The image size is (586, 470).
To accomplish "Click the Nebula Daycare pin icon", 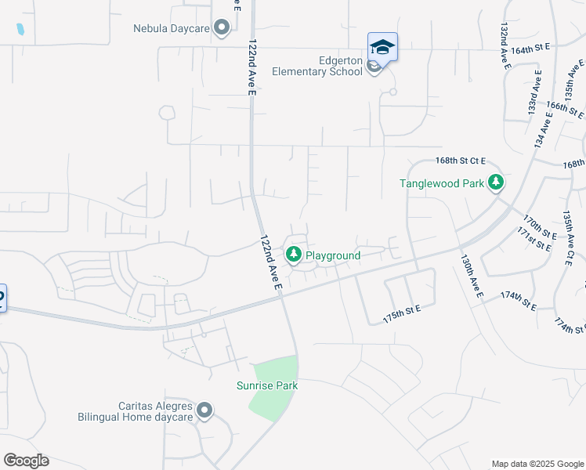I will click(x=222, y=28).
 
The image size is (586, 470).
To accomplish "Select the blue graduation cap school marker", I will click(x=382, y=48).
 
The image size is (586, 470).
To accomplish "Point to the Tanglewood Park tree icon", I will click(x=495, y=183).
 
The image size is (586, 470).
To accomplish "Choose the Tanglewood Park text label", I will click(x=441, y=183).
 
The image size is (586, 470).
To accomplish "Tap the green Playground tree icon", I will click(x=294, y=255).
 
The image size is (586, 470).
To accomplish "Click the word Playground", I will click(x=333, y=255).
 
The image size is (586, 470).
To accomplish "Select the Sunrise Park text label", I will click(x=267, y=385).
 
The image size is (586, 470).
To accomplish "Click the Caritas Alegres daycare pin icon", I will click(x=204, y=410).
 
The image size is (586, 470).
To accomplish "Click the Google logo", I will click(x=26, y=461).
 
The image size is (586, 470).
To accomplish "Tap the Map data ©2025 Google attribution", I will click(x=538, y=464).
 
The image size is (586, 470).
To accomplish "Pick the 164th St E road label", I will click(x=530, y=49).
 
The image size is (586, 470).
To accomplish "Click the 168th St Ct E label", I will click(x=461, y=161).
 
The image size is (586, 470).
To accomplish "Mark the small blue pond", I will click(x=20, y=30).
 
